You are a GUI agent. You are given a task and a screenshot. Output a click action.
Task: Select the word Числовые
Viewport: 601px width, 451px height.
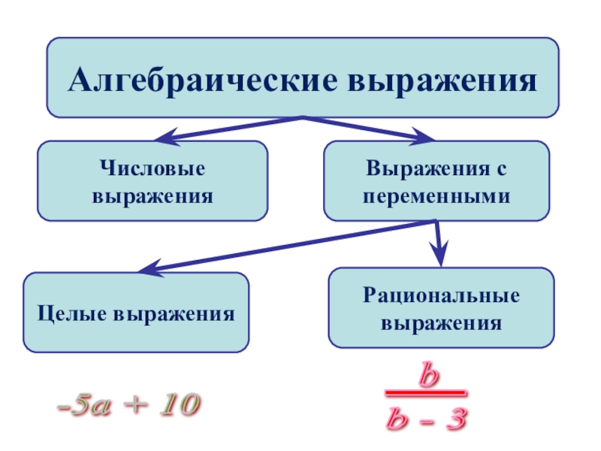[x=152, y=169]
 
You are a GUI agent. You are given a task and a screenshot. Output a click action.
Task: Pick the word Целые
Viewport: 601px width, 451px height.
[x=71, y=312]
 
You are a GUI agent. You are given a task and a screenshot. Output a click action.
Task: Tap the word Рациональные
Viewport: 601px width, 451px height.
[x=442, y=296]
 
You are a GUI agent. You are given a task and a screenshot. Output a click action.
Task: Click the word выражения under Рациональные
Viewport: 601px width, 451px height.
[x=442, y=323]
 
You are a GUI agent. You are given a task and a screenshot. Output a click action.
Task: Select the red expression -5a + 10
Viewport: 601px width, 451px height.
[x=127, y=407]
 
